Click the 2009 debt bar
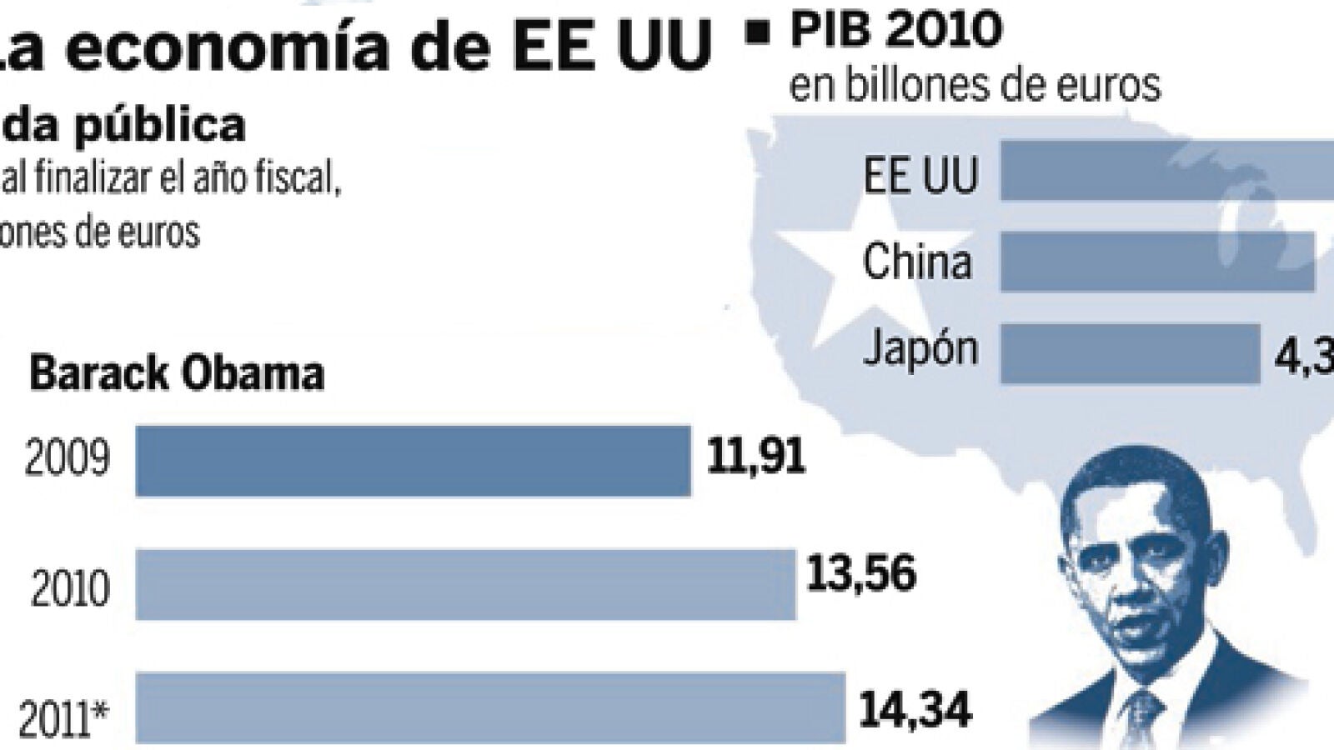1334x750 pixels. (413, 461)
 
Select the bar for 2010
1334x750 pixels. (465, 584)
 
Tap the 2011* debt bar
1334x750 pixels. (490, 707)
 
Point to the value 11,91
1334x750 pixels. (756, 457)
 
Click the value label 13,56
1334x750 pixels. (861, 573)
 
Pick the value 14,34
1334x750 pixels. (915, 711)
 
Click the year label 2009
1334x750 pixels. (67, 458)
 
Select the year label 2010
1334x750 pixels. (70, 588)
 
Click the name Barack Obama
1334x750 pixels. (177, 374)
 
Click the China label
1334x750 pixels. (917, 262)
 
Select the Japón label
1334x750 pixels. (920, 347)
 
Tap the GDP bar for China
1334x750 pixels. (1157, 262)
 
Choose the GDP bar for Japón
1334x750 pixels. (1130, 353)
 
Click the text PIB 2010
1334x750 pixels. (896, 30)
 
